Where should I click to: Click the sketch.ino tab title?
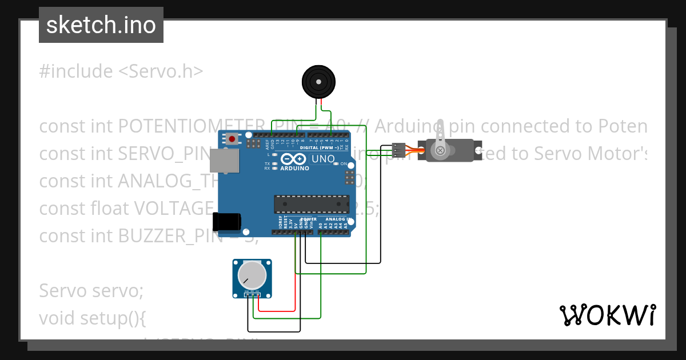[x=101, y=25]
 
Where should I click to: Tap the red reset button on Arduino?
[x=232, y=139]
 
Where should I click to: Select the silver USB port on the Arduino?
[x=224, y=162]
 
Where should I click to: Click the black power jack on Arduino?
[x=226, y=222]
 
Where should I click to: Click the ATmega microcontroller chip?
[x=312, y=204]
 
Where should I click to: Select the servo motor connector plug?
[x=399, y=150]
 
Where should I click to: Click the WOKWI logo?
[x=607, y=315]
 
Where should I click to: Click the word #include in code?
[x=76, y=71]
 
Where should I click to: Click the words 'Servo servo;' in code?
[x=91, y=290]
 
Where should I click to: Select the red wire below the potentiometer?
[x=277, y=311]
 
